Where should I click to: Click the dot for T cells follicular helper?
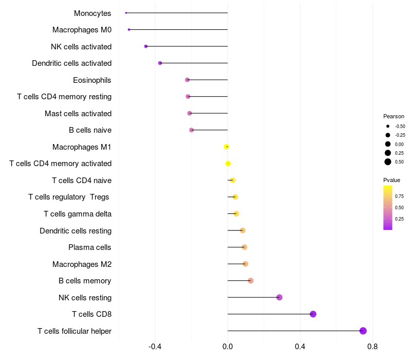click(363, 331)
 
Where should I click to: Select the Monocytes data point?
click(126, 13)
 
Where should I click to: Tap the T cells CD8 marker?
click(313, 314)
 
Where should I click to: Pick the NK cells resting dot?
click(279, 297)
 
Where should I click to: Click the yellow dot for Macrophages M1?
click(227, 147)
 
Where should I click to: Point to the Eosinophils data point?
click(188, 80)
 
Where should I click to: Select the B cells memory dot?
click(251, 281)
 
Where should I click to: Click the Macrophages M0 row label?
click(82, 30)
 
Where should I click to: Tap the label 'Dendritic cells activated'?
click(71, 63)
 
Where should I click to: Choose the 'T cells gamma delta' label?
click(78, 214)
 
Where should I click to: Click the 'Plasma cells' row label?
click(90, 247)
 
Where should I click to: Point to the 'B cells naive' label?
click(90, 130)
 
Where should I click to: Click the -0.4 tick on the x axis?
click(155, 347)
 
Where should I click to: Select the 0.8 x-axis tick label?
click(372, 347)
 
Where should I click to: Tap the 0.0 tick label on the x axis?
click(228, 347)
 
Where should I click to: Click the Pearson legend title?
click(394, 116)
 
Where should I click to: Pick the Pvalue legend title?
click(391, 180)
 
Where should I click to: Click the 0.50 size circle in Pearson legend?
click(388, 162)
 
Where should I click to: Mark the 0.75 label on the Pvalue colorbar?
click(399, 196)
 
